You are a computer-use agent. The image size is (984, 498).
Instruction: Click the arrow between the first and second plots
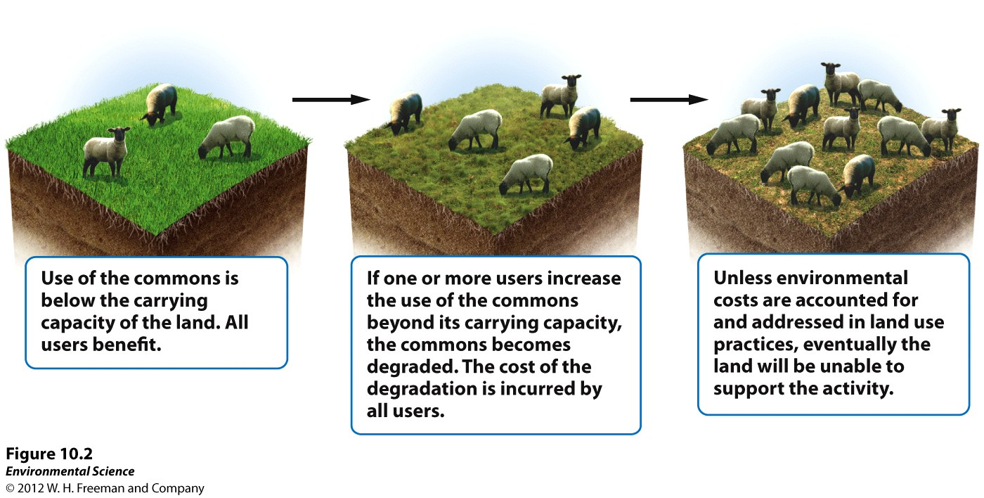pyautogui.click(x=331, y=100)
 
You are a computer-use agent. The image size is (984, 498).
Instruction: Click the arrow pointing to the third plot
pyautogui.click(x=669, y=100)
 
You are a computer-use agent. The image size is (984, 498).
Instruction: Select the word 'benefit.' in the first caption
pyautogui.click(x=127, y=345)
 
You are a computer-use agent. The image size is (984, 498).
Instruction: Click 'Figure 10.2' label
pyautogui.click(x=49, y=454)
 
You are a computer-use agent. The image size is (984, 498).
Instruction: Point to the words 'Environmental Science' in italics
pyautogui.click(x=70, y=471)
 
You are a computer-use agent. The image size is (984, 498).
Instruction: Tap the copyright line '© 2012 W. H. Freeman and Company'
pyautogui.click(x=105, y=488)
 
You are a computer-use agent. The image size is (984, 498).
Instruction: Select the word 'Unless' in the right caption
pyautogui.click(x=740, y=278)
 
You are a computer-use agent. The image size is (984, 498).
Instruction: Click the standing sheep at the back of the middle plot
pyautogui.click(x=560, y=96)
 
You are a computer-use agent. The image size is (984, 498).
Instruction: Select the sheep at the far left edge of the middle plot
pyautogui.click(x=404, y=113)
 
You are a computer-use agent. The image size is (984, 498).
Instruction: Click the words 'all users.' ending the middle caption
pyautogui.click(x=406, y=411)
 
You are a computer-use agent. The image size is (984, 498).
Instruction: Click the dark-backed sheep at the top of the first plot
pyautogui.click(x=159, y=104)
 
